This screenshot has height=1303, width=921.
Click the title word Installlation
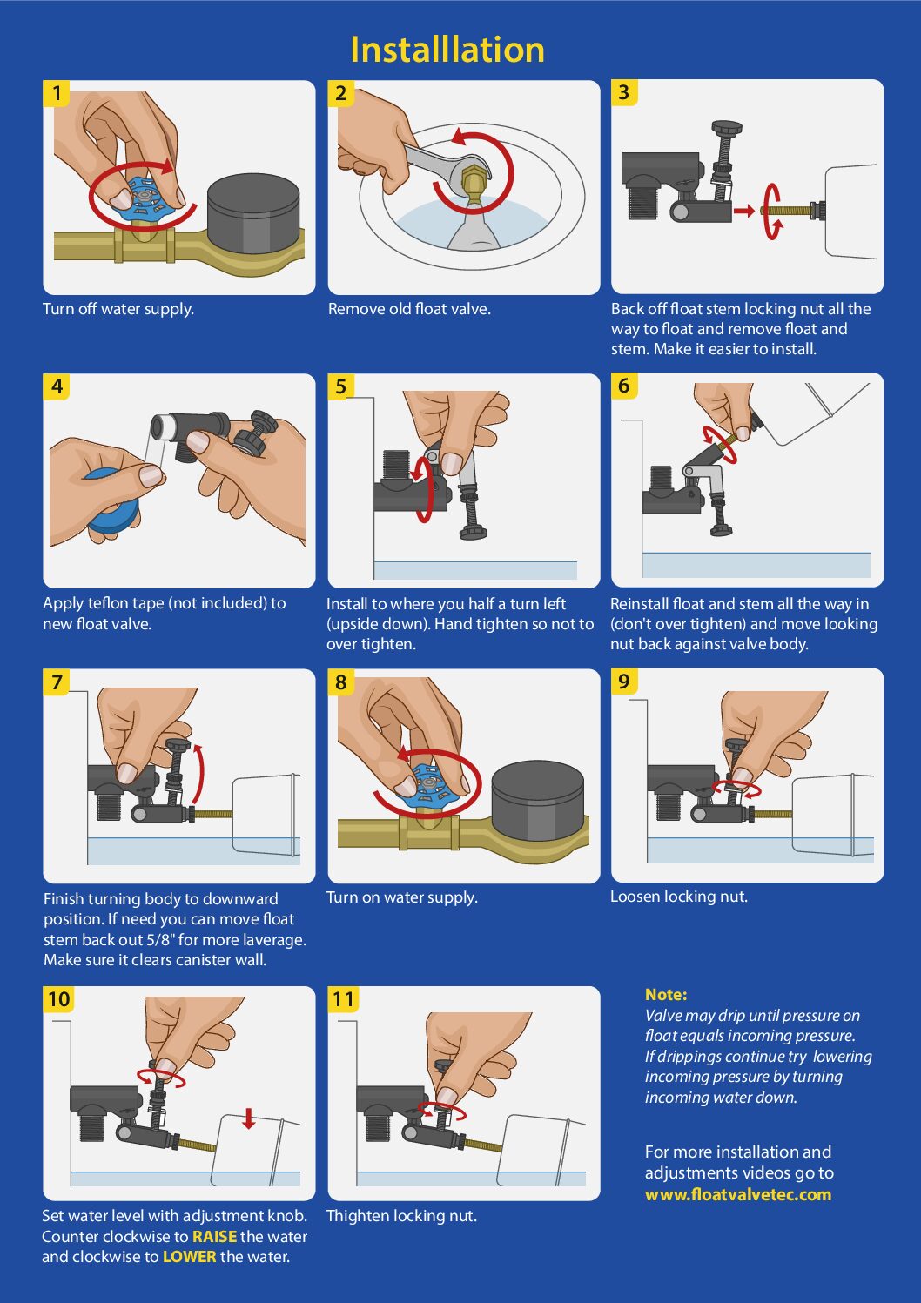pyautogui.click(x=447, y=50)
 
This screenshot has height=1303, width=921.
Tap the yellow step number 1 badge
pyautogui.click(x=57, y=94)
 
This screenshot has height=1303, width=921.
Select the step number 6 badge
pyautogui.click(x=623, y=386)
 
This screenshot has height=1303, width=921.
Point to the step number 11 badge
pyautogui.click(x=343, y=999)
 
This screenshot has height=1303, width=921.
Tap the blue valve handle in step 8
pyautogui.click(x=434, y=782)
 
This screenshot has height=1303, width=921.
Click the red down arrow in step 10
pyautogui.click(x=249, y=1118)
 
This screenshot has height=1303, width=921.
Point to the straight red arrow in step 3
pyautogui.click(x=743, y=211)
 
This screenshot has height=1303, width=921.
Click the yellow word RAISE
pyautogui.click(x=215, y=1236)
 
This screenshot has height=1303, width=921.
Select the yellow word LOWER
pyautogui.click(x=190, y=1257)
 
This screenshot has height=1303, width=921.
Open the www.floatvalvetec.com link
pyautogui.click(x=738, y=1195)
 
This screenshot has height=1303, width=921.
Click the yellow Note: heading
pyautogui.click(x=666, y=995)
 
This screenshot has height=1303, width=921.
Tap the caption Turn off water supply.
pyautogui.click(x=118, y=309)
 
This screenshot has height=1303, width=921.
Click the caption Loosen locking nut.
pyautogui.click(x=679, y=897)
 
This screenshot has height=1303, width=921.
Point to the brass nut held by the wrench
pyautogui.click(x=474, y=182)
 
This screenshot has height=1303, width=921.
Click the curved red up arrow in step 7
pyautogui.click(x=201, y=771)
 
